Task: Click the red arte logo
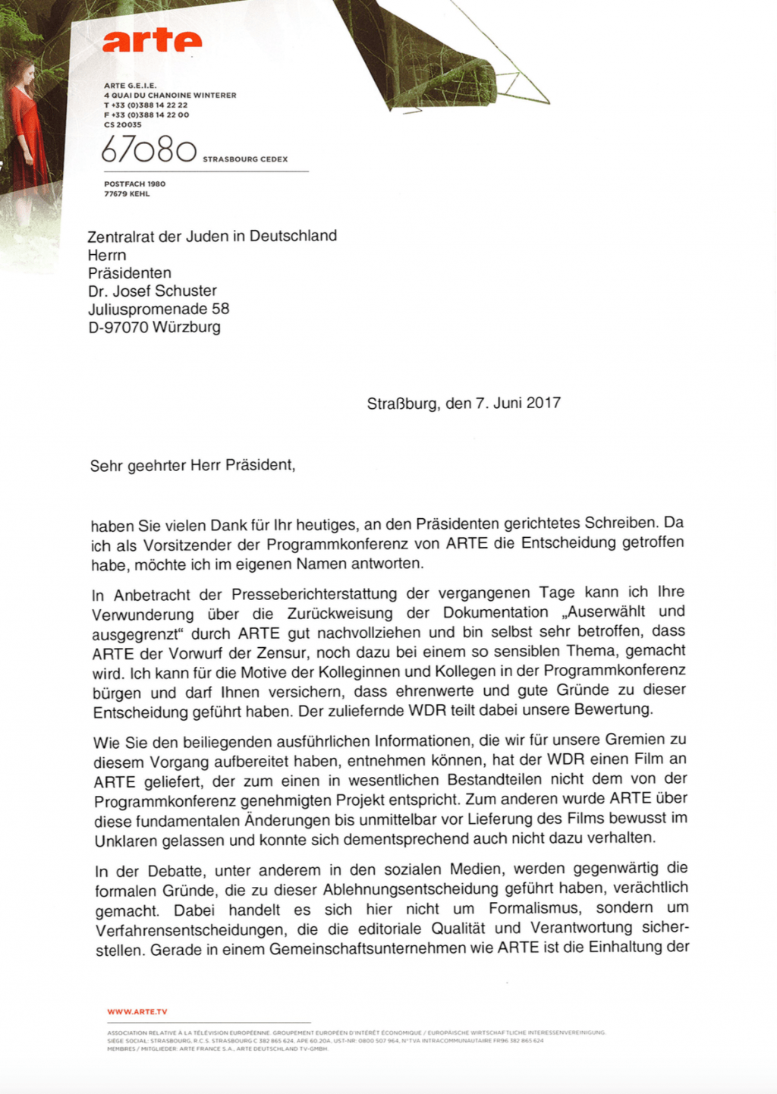coord(152,41)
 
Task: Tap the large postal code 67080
coord(149,150)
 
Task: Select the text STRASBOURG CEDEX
coord(245,159)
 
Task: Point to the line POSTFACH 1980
coord(134,184)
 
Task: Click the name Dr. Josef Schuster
coord(152,291)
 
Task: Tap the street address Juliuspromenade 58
coord(158,309)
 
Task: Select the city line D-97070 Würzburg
coord(154,327)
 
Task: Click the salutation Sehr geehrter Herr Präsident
coord(192,465)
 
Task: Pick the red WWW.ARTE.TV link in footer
coord(137,1011)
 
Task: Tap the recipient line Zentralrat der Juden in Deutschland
coord(212,236)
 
